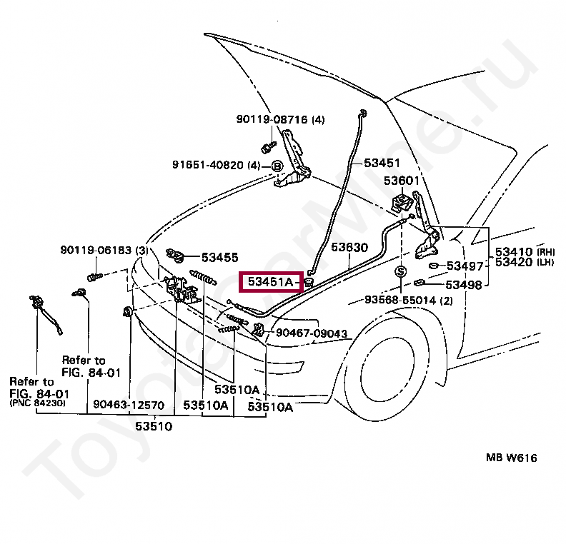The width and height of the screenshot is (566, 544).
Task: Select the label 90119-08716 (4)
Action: click(x=281, y=120)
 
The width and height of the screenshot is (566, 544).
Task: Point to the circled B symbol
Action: click(x=277, y=166)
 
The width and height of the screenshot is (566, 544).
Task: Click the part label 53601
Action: click(x=402, y=181)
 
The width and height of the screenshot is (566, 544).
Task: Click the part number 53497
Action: click(x=465, y=266)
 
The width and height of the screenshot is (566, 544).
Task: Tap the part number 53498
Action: click(x=465, y=284)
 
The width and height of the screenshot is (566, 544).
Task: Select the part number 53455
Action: click(x=219, y=257)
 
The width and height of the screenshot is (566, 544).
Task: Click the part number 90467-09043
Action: click(x=312, y=333)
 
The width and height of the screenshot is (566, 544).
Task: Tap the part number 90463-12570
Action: click(x=129, y=406)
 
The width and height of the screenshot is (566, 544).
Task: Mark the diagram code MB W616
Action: click(x=512, y=458)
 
